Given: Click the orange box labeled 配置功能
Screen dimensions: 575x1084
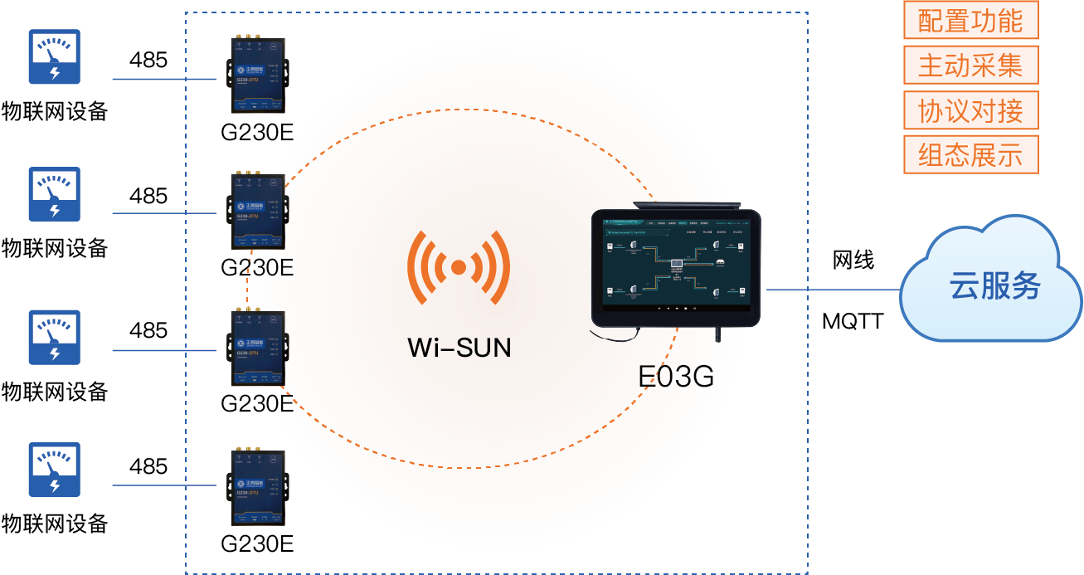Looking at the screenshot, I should point(970,22).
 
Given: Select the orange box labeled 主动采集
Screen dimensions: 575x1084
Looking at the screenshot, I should point(970,66).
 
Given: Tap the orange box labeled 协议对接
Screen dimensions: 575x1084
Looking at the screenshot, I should point(970,110).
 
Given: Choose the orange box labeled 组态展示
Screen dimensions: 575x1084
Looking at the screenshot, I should point(970,155).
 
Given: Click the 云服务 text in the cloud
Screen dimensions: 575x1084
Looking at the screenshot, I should point(994,286).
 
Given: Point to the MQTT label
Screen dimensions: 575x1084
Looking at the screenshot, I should point(853,321).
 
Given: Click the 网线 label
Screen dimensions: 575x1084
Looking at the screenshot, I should point(853,261).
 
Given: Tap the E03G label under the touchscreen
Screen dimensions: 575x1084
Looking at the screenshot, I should point(676,376).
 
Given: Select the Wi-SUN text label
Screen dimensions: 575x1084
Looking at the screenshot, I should point(459,347).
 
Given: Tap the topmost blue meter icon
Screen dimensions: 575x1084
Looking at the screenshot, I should point(55,57).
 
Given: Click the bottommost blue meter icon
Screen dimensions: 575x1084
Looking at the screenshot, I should point(55,470).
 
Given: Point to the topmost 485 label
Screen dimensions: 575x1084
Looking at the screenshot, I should point(148,61).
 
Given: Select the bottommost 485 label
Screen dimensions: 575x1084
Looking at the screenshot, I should point(148,466).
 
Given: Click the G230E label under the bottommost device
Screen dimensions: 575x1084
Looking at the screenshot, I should point(257,544).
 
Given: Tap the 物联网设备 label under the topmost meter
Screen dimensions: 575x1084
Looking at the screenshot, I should point(55,111).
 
